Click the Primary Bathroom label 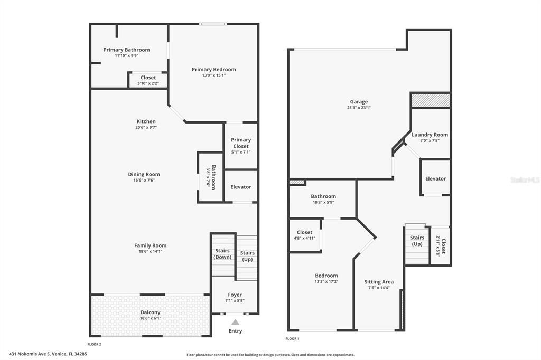tap(126, 50)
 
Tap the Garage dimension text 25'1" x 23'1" tap(359, 108)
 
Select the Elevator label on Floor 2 tap(241, 187)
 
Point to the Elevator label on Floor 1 tap(435, 178)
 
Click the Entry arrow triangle tap(235, 322)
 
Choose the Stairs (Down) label tap(222, 254)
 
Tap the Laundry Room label tap(430, 135)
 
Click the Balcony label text tap(151, 312)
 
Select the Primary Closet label tap(241, 143)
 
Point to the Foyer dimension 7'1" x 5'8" tap(235, 301)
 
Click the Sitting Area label tap(379, 282)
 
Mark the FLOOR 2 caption tap(94, 344)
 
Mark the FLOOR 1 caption tap(292, 338)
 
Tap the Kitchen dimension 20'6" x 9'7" tap(146, 127)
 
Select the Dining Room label tap(144, 174)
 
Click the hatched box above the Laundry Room tap(430, 100)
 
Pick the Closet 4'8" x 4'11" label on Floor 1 tap(304, 232)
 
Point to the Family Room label tap(151, 245)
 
